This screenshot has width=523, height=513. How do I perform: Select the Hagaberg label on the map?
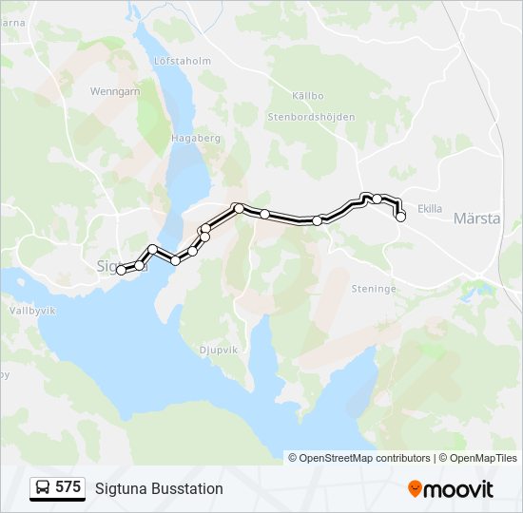(194, 138)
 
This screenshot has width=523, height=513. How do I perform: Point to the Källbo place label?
(308, 96)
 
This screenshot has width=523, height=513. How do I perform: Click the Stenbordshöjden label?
(312, 117)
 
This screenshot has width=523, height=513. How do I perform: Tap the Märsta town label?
(476, 218)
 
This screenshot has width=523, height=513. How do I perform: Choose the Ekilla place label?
(431, 209)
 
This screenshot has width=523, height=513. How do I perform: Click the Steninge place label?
(372, 288)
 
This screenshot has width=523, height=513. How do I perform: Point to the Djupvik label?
(218, 350)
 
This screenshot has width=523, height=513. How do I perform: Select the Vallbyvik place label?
(31, 310)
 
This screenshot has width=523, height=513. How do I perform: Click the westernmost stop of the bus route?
(121, 271)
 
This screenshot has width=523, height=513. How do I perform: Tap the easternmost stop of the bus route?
(400, 217)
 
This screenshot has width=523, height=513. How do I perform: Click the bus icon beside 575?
(43, 488)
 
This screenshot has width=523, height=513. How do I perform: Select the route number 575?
(68, 487)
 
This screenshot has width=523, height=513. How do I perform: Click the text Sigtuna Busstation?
(159, 488)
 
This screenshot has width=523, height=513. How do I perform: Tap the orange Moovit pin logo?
(415, 489)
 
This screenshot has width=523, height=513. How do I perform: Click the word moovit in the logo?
(459, 489)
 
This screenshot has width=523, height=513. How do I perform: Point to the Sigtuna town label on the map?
(109, 266)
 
